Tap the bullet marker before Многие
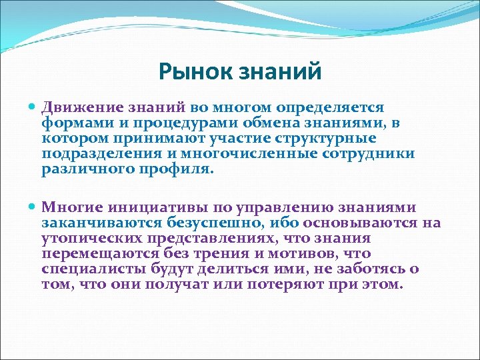tap(33, 207)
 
